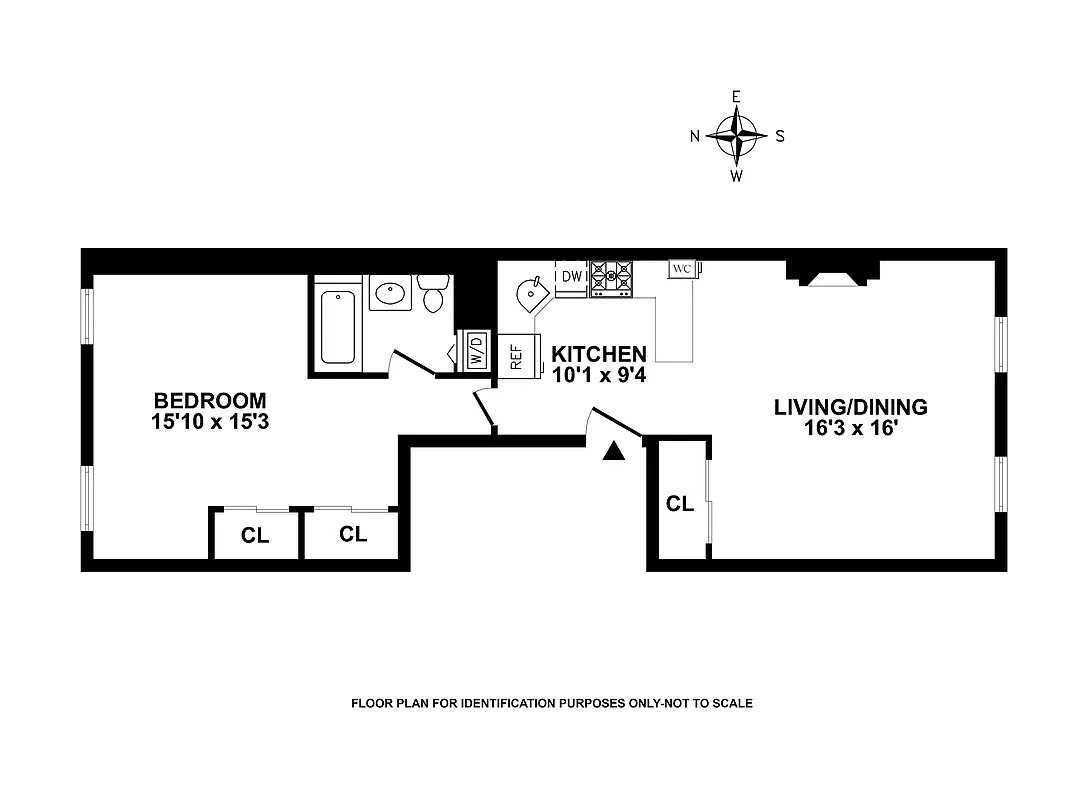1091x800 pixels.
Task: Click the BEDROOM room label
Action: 209,401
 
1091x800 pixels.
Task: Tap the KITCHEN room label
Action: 599,354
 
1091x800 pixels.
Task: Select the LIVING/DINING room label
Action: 851,407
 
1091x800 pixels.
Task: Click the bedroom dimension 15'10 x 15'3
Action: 209,422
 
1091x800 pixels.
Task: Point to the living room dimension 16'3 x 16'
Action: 851,428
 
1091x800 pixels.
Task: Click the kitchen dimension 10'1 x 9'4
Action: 599,374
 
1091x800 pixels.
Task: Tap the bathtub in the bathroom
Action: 337,326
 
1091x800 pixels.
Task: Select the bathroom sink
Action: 388,293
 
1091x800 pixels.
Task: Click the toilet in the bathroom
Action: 434,294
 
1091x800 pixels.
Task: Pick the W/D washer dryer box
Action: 475,351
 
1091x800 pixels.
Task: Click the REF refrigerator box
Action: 517,357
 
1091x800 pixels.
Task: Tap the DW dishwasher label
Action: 572,276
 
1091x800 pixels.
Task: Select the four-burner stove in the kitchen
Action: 611,279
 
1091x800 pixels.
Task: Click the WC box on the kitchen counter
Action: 683,269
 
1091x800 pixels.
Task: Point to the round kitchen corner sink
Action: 529,293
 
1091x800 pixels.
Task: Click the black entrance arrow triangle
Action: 615,452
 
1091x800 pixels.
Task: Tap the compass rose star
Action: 737,136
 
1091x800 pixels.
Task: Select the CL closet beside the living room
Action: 680,504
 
